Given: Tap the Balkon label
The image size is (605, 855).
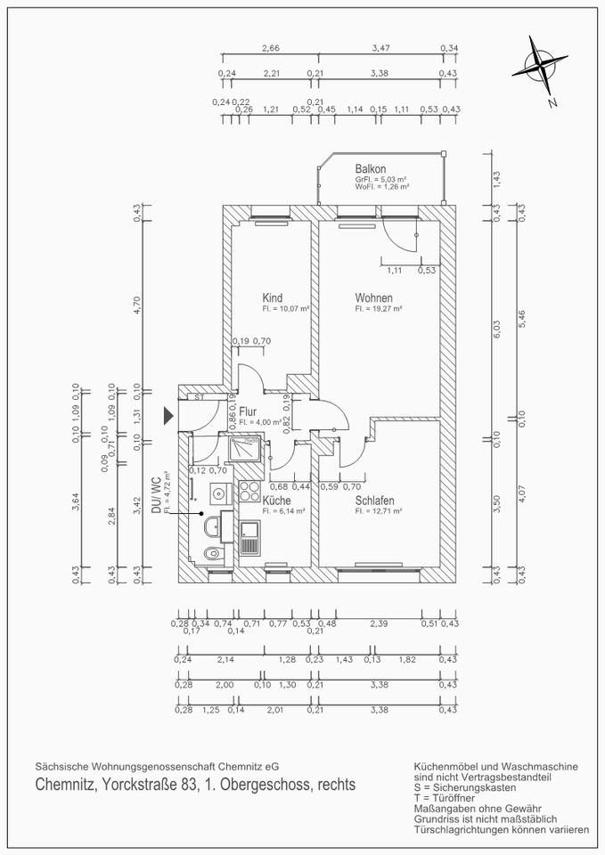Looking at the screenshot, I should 370,168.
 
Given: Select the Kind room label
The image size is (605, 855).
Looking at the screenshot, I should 272,297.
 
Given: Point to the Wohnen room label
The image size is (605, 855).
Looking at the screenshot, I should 373,297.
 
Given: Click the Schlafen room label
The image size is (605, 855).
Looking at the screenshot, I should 374,501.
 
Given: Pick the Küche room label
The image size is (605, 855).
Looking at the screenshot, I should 276,501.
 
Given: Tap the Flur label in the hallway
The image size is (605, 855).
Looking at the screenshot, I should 248,411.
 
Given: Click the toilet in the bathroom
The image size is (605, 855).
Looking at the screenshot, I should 211,555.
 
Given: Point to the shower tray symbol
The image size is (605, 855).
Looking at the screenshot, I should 244,449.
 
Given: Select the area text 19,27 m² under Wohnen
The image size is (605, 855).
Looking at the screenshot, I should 379,309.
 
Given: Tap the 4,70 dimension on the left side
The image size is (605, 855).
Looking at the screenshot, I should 137,305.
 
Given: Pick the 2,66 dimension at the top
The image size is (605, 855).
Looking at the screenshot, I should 270,48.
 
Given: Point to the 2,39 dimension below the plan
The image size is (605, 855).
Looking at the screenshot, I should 380,623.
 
